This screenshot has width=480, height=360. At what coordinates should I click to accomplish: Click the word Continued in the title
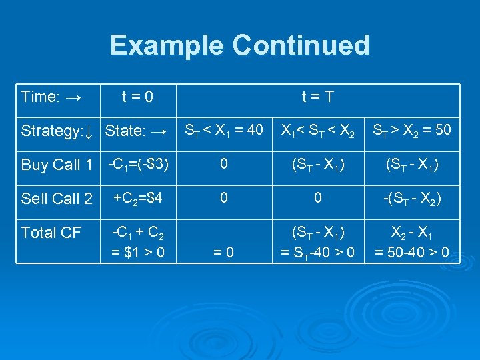point(301,45)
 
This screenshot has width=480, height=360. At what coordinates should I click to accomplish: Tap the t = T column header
point(317,97)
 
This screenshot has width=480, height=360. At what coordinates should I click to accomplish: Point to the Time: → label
point(51,97)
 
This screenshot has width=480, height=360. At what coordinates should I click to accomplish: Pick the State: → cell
point(136,131)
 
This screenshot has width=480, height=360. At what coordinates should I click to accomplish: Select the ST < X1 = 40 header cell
point(223,129)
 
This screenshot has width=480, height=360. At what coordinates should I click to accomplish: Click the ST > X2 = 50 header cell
point(411,129)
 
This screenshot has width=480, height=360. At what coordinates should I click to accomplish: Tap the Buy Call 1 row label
point(57,165)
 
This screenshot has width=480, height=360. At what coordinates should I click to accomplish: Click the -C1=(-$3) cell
point(137,164)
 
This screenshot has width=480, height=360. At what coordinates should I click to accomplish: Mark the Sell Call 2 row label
point(57,199)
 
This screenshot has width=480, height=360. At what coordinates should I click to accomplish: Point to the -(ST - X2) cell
point(411,199)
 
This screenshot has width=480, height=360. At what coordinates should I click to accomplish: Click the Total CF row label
point(51,233)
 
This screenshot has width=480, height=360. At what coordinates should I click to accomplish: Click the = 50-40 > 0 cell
point(411,251)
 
